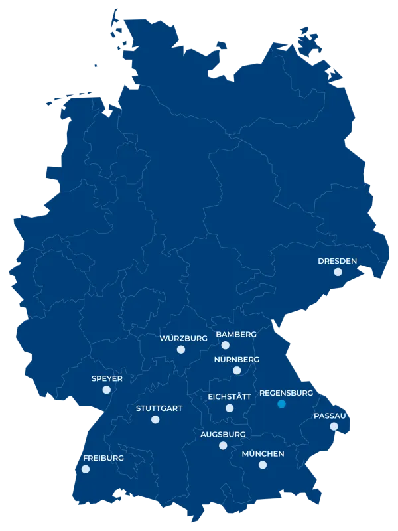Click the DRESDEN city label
[x=338, y=260]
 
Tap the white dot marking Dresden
[x=338, y=272]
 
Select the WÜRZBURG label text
[x=183, y=338]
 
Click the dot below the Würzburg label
[x=180, y=349]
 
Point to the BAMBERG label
[x=232, y=333]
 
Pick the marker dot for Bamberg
[x=226, y=345]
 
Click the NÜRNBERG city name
[x=236, y=359]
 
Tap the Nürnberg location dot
[x=237, y=370]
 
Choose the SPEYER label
[x=107, y=379]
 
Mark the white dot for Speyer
[x=106, y=390]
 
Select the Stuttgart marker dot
[x=155, y=419]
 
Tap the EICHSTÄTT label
[x=230, y=396]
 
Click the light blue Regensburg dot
[x=281, y=404]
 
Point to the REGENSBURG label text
[x=285, y=392]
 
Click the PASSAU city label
[x=330, y=416]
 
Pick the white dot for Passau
[x=334, y=427]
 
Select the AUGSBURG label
[x=223, y=434]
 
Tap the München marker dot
[x=262, y=466]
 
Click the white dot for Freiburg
[x=85, y=469]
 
